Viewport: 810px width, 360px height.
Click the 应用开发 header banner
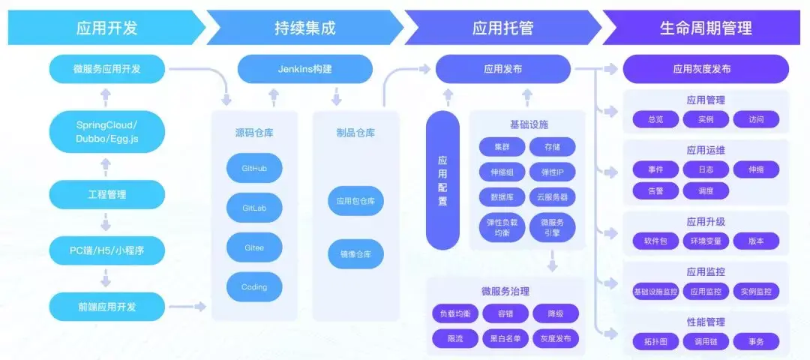(x=106, y=28)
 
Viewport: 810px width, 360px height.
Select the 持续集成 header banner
(x=304, y=28)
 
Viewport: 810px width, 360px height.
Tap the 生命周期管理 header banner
(x=705, y=28)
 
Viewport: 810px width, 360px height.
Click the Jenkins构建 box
(x=304, y=69)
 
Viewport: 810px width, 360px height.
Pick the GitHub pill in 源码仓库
(x=254, y=169)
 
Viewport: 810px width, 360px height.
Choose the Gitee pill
(x=254, y=247)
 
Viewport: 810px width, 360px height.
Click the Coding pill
(x=254, y=286)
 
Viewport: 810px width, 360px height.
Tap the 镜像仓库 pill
(x=355, y=255)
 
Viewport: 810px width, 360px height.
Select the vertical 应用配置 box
(x=442, y=180)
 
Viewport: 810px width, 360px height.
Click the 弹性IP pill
(x=552, y=172)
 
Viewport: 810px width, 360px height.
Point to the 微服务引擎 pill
(x=552, y=227)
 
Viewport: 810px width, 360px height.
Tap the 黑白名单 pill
(x=505, y=339)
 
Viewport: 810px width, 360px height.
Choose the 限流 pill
(x=454, y=339)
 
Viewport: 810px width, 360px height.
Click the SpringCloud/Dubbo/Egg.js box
(x=106, y=131)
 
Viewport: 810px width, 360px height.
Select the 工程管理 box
(x=106, y=194)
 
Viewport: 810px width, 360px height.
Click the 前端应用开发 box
(x=106, y=306)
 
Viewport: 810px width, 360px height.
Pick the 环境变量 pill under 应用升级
(x=706, y=241)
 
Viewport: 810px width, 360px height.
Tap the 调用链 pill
(x=706, y=341)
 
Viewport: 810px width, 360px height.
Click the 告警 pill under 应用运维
(x=655, y=190)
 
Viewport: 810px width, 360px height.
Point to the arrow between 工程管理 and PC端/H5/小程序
(x=106, y=222)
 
